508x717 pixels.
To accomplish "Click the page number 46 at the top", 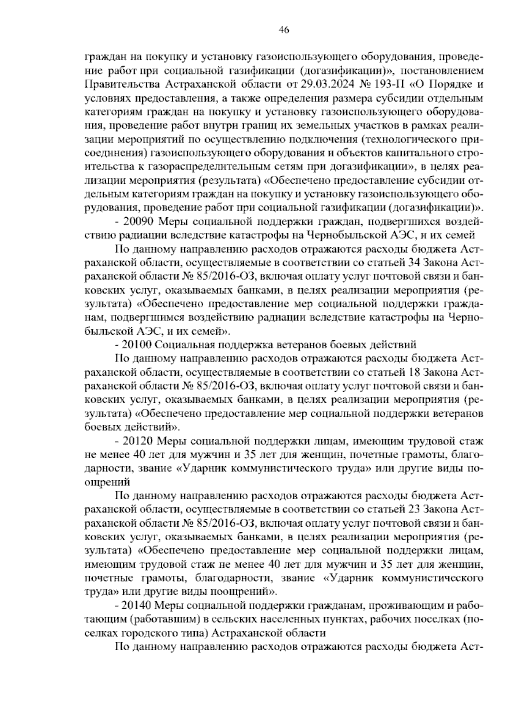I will (284, 30).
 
